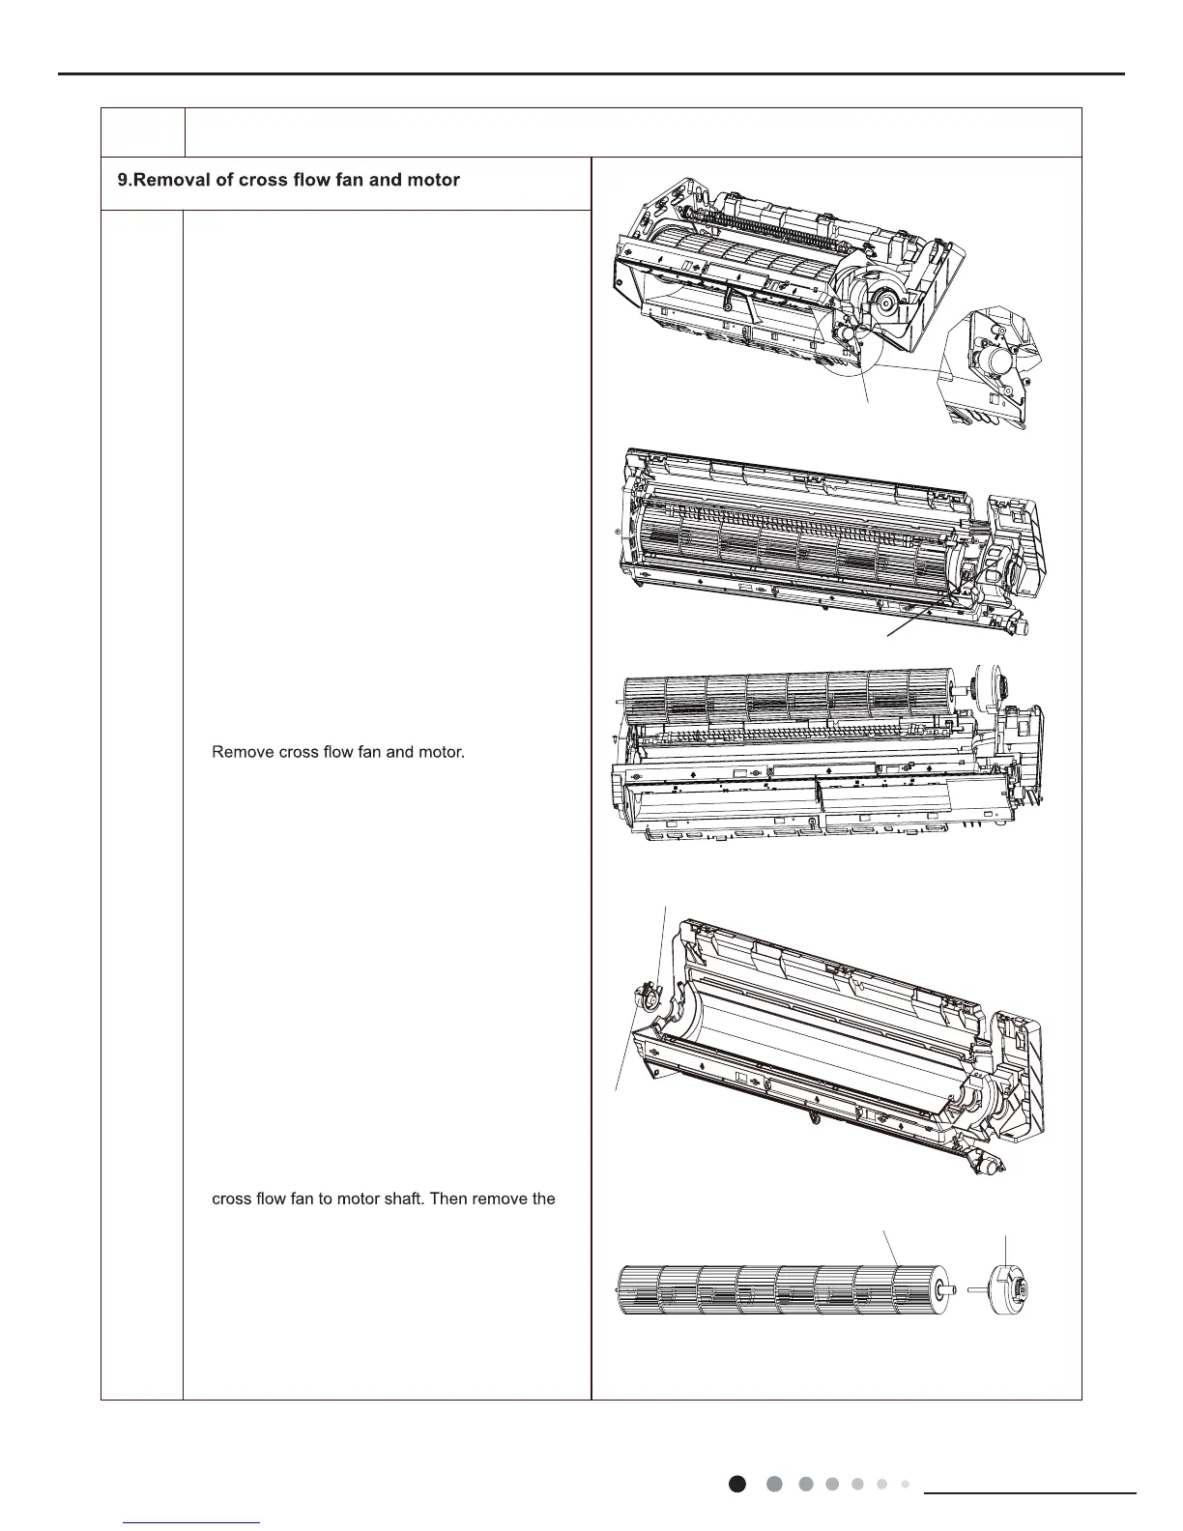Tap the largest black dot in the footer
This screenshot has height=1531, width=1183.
(x=737, y=1484)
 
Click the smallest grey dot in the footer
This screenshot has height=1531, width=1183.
(x=905, y=1483)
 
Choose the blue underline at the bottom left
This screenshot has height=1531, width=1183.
(x=193, y=1522)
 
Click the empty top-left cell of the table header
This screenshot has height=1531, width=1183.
(x=142, y=132)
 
